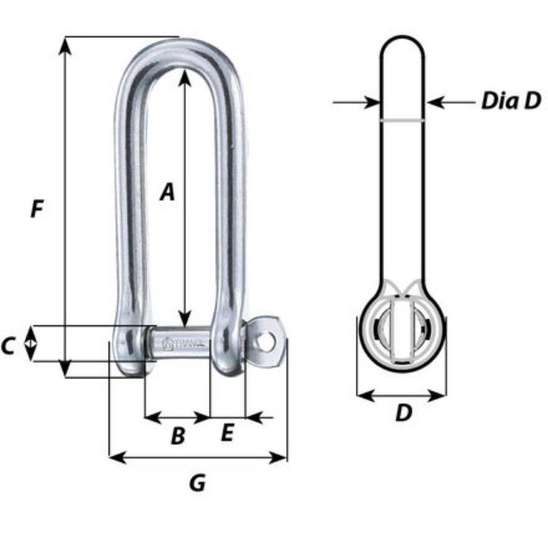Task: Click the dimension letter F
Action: (x=35, y=209)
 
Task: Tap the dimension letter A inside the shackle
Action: (x=169, y=192)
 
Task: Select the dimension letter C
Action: (x=9, y=345)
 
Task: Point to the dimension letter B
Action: (x=177, y=436)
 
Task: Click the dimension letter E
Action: (x=228, y=433)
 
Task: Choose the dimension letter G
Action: (x=197, y=482)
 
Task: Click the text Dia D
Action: (x=511, y=102)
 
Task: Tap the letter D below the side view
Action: (x=403, y=413)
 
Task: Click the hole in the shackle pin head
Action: (x=265, y=340)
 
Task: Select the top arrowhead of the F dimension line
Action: (x=64, y=44)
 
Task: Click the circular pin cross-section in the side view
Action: (x=403, y=336)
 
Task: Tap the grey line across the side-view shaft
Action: (x=403, y=121)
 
